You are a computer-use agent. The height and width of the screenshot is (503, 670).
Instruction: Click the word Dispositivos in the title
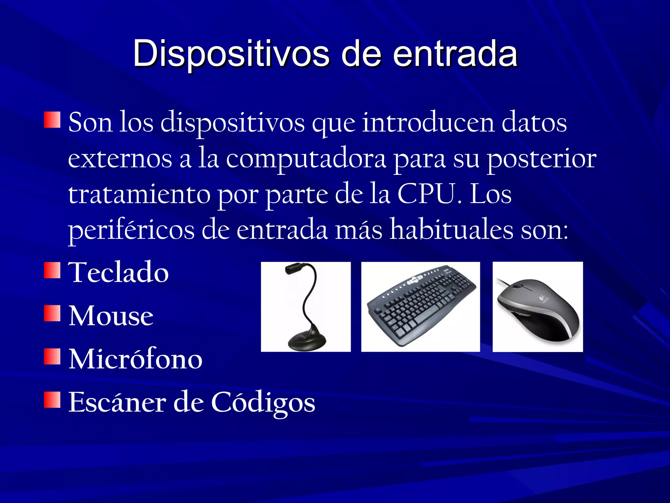[x=231, y=53]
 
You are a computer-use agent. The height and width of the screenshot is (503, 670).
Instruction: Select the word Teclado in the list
[x=118, y=272]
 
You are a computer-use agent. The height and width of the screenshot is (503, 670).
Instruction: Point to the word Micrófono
[x=135, y=359]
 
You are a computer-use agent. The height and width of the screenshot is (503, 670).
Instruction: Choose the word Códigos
[x=263, y=402]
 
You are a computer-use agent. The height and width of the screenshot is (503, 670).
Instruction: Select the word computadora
[x=306, y=159]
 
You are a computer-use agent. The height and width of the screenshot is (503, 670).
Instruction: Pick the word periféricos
[x=131, y=230]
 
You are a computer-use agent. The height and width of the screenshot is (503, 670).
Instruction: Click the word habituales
[x=452, y=230]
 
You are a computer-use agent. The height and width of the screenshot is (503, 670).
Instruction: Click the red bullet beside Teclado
[x=52, y=270]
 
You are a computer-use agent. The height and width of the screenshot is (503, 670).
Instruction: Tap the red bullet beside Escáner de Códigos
[x=52, y=400]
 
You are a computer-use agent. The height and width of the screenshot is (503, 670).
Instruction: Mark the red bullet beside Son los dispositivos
[x=52, y=120]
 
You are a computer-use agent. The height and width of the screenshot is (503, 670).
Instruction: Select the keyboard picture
[x=420, y=307]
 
